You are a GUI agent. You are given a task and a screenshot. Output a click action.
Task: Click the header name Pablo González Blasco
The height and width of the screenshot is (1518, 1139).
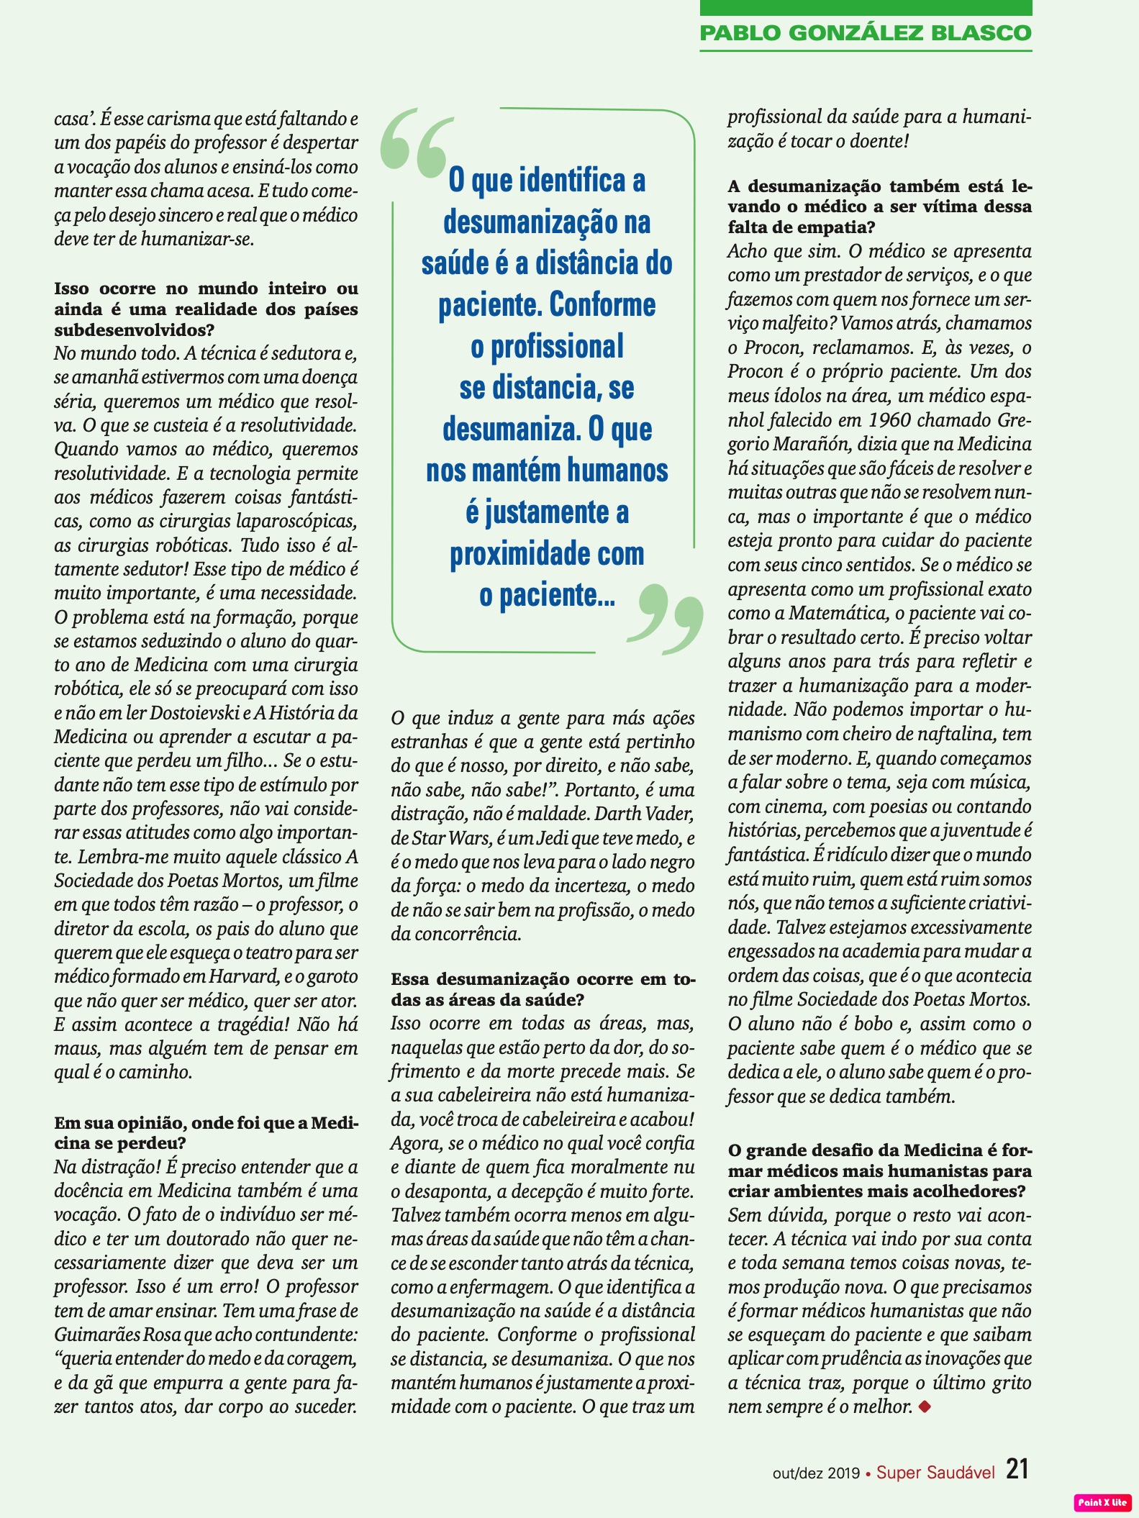point(866,33)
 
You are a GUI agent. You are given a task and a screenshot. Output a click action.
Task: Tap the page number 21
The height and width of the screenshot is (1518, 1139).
point(1017,1468)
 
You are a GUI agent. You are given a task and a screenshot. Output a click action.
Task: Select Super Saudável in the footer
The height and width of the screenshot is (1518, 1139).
point(935,1472)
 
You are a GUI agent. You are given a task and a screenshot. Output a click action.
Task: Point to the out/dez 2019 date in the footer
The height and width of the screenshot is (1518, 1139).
point(816,1473)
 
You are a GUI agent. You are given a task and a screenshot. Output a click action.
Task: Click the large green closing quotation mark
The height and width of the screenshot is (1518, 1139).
point(665,617)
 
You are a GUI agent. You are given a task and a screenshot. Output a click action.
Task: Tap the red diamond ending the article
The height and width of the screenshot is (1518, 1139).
point(925,1406)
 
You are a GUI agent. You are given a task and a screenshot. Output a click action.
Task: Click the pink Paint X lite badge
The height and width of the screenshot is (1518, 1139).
point(1102,1502)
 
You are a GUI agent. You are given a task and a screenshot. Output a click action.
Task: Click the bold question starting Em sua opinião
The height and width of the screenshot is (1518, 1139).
point(206,1132)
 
